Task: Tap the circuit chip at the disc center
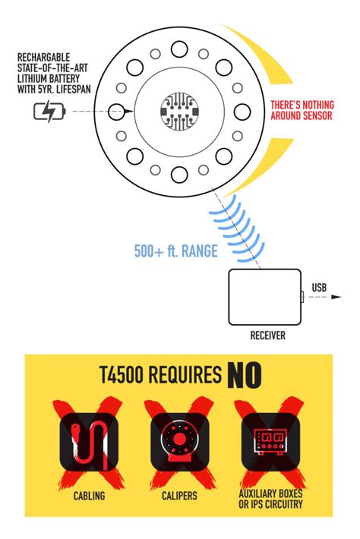[x=179, y=112]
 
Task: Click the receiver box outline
[x=265, y=297]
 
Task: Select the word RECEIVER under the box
[x=267, y=336]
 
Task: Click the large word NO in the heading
[x=242, y=374]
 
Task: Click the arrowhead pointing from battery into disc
[x=130, y=112]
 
